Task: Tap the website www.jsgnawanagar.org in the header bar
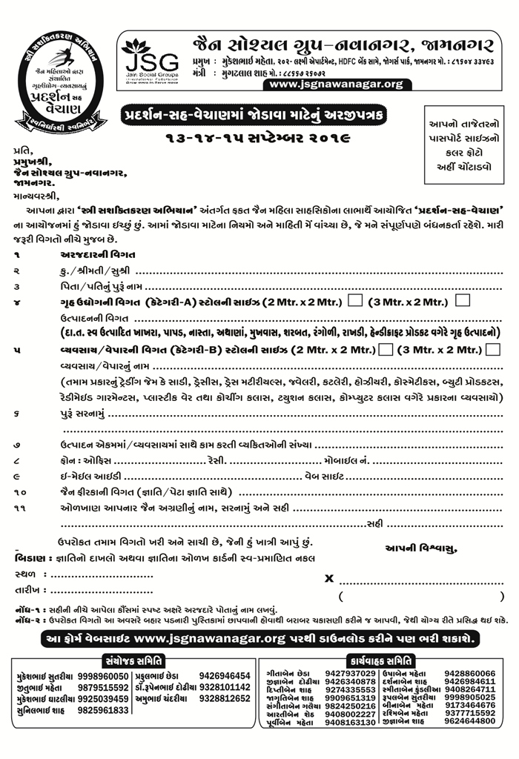tap(337, 84)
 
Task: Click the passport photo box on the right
tap(457, 146)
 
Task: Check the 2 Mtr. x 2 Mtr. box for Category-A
tap(356, 301)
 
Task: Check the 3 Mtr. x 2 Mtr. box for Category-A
tap(463, 301)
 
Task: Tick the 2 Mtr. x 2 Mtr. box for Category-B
tap(385, 350)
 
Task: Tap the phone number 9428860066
tap(470, 673)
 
